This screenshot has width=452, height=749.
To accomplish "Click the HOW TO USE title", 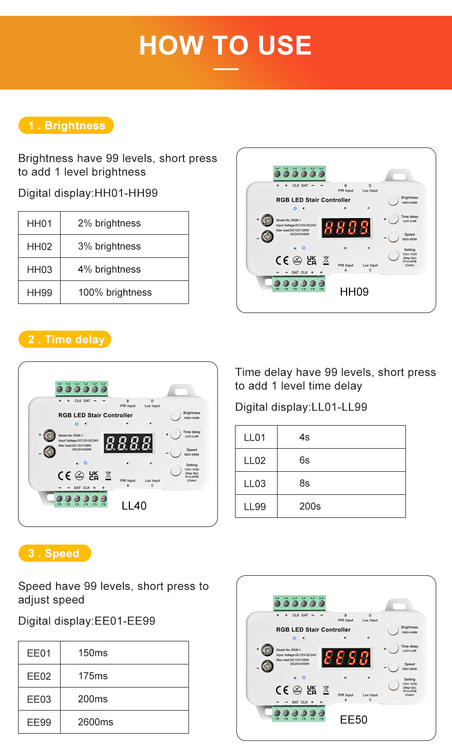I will [x=225, y=46].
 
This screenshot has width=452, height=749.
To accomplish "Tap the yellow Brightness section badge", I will [x=66, y=126].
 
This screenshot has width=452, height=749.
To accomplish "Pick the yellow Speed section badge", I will [x=55, y=554].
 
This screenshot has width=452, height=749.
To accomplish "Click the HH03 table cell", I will [x=39, y=270].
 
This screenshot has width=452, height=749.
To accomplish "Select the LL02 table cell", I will [x=255, y=460].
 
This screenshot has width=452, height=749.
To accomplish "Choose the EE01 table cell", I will [x=39, y=653].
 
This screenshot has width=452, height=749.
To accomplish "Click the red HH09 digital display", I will [x=347, y=228].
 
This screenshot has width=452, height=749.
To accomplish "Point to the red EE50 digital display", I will [x=347, y=658].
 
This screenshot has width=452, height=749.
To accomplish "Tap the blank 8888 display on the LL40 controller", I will [x=128, y=443].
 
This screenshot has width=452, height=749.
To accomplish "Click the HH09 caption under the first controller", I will [x=354, y=292].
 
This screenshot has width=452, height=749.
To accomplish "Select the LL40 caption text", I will [x=134, y=506].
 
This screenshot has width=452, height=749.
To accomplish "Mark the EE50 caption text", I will [x=353, y=720].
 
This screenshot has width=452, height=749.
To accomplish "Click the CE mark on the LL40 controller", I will [x=64, y=476].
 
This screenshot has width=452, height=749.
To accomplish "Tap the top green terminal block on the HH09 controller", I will [x=300, y=173].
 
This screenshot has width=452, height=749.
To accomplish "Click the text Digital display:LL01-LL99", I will [x=301, y=407].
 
